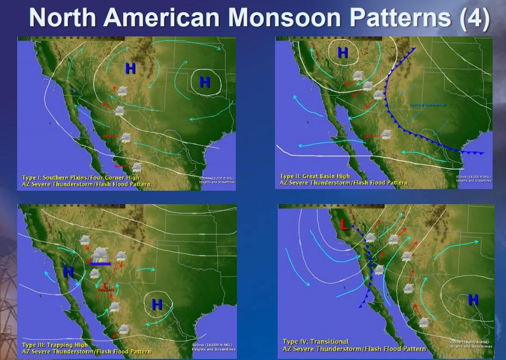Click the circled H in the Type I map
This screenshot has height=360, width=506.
[205, 82]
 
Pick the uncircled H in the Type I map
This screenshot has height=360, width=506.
[130, 68]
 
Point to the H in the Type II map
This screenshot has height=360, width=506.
[343, 52]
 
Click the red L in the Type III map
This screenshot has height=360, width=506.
[106, 286]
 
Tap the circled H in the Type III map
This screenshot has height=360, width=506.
[157, 304]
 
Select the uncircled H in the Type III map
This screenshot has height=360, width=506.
[68, 272]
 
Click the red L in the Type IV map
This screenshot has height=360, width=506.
[344, 225]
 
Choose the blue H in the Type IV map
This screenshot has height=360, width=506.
[473, 299]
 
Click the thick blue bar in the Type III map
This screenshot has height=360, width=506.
[100, 264]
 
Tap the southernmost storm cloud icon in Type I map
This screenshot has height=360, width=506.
[137, 168]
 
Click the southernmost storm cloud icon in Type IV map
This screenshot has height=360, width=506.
[424, 322]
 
